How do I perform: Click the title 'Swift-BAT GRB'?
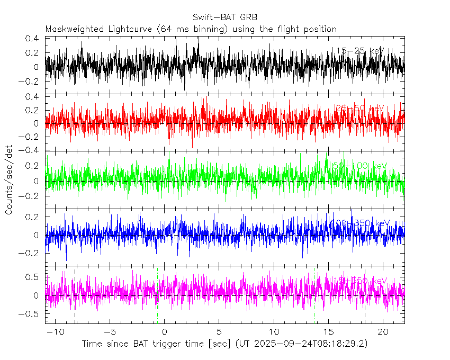[x=225, y=16]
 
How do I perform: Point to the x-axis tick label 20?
[x=382, y=331]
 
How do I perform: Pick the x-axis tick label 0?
[x=164, y=331]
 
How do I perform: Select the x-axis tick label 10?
[x=273, y=331]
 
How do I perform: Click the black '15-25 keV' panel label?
[x=360, y=51]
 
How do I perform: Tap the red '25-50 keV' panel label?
[x=360, y=109]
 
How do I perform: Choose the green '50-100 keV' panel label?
[x=360, y=166]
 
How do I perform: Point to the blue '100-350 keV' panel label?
[x=360, y=223]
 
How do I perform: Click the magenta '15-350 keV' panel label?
[x=360, y=281]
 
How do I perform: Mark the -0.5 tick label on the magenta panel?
[x=33, y=313]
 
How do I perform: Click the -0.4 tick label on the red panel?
[x=33, y=150]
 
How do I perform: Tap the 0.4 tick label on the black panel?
[x=35, y=39]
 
